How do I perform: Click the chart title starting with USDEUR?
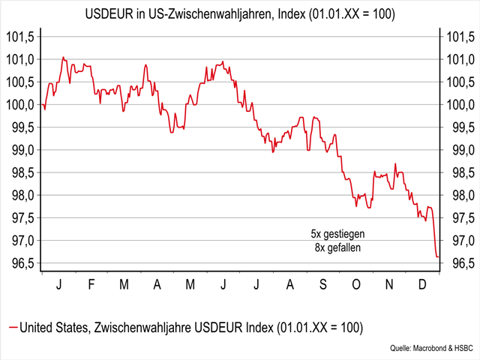[x=240, y=15]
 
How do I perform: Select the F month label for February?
[x=91, y=286]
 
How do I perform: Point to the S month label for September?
[x=323, y=286]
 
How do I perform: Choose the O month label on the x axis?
[x=355, y=286]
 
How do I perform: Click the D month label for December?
[x=421, y=286]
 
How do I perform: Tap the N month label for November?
[x=388, y=286]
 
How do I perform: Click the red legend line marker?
[x=11, y=328]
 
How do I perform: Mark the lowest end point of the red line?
[x=438, y=257]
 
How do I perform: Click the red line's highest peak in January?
[x=63, y=57]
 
